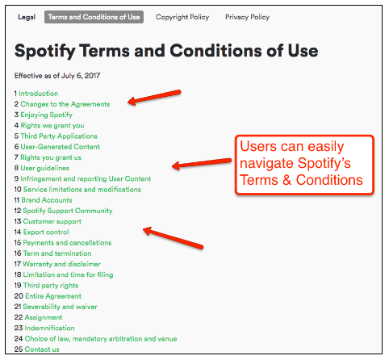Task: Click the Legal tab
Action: pyautogui.click(x=27, y=17)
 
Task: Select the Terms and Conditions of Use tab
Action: pyautogui.click(x=94, y=17)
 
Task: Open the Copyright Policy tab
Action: pyautogui.click(x=182, y=17)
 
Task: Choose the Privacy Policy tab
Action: pyautogui.click(x=248, y=17)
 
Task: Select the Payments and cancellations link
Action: pyautogui.click(x=67, y=243)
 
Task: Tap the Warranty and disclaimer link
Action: pyautogui.click(x=61, y=264)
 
